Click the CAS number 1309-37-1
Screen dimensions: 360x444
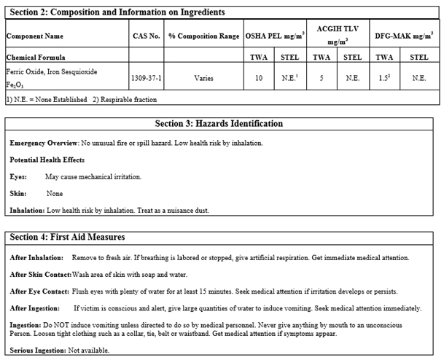pyautogui.click(x=145, y=77)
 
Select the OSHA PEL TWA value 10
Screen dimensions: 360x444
pyautogui.click(x=259, y=77)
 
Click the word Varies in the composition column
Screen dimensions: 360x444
pyautogui.click(x=203, y=77)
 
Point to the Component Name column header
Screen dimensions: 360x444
pyautogui.click(x=34, y=35)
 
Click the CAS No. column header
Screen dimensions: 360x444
pyautogui.click(x=145, y=35)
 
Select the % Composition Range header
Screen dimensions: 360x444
pyautogui.click(x=203, y=35)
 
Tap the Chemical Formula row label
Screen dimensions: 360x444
pyautogui.click(x=35, y=56)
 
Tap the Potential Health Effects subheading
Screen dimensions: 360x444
pyautogui.click(x=47, y=159)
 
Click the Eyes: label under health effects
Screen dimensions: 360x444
pyautogui.click(x=18, y=176)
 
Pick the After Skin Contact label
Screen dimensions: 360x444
pyautogui.click(x=40, y=274)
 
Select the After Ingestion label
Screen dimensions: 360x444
pyautogui.click(x=34, y=308)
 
